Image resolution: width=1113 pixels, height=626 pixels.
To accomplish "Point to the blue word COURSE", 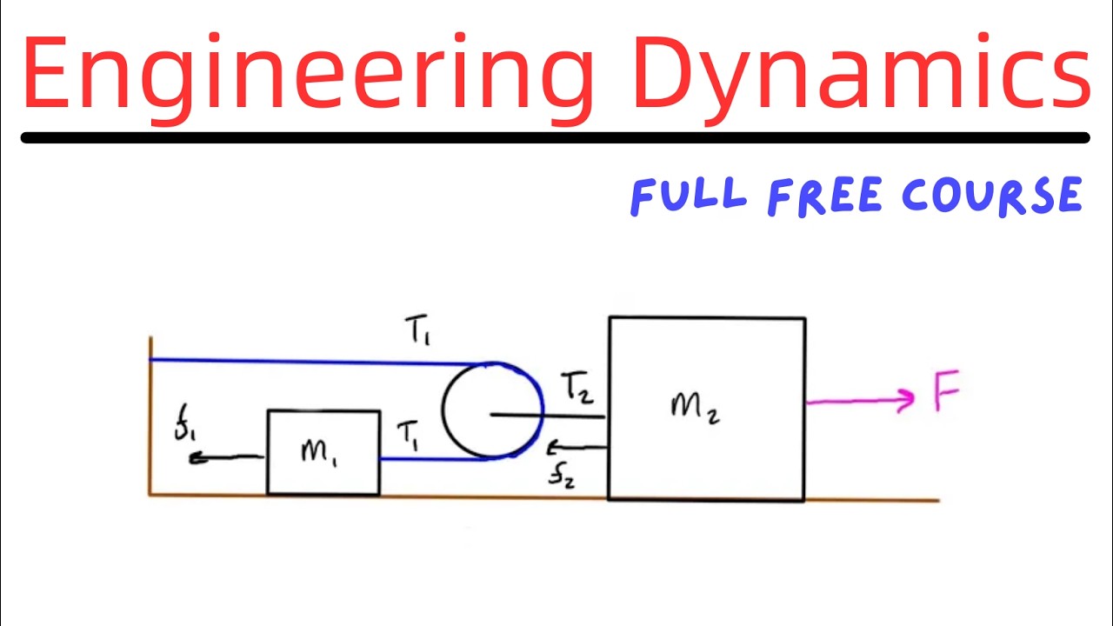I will point(992,196).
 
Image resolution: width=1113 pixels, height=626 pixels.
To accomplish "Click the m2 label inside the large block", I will point(695,406).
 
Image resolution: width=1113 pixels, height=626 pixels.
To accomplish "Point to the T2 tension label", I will point(576,387).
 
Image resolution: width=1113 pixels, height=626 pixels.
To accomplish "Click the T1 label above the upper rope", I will point(417,331).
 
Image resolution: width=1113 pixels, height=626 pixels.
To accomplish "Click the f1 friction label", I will point(184,429).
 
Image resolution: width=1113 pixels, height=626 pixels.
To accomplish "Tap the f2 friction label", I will point(561,476).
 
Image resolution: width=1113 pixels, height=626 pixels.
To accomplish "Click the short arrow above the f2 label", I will point(576,449).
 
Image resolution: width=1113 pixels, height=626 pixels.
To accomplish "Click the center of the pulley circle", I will point(492,410).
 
